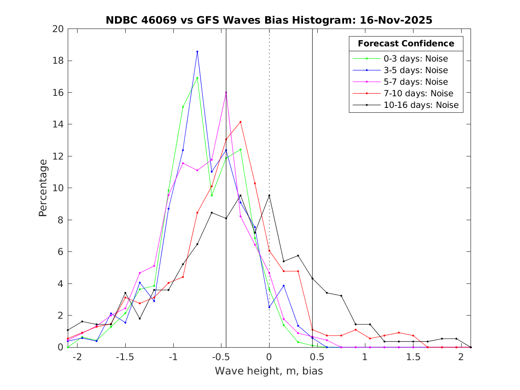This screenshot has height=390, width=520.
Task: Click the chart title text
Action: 269,20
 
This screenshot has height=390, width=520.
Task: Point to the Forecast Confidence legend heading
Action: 406,44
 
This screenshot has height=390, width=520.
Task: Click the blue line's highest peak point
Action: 197,52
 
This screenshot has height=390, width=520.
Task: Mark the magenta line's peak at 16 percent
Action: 226,92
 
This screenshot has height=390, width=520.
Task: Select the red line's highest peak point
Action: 240,122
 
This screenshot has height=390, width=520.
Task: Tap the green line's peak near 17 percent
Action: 197,78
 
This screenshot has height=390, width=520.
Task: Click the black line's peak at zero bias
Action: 269,195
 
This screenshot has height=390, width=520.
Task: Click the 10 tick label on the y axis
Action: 59,188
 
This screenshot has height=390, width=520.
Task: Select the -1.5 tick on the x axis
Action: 125,357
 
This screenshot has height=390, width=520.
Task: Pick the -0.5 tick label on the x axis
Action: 221,357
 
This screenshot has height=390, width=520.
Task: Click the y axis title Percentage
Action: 43,188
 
